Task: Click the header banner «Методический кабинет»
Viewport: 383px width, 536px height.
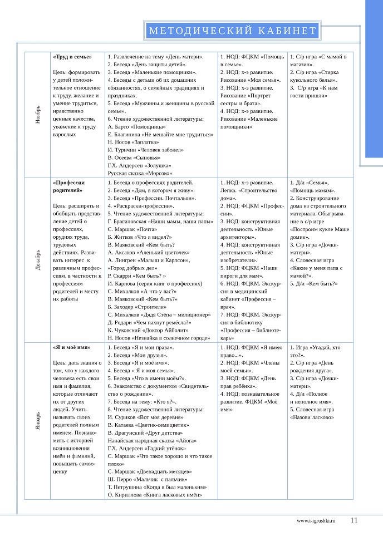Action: tap(233, 31)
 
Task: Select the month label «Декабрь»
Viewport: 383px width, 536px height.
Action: tap(38, 260)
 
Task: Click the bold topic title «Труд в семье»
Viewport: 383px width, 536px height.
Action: tap(72, 57)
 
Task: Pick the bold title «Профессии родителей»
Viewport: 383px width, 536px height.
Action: tap(68, 186)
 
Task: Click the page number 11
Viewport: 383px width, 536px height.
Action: tap(354, 520)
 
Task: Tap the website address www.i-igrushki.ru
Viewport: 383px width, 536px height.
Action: tap(317, 521)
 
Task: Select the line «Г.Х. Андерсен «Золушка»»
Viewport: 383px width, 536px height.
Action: tap(139, 165)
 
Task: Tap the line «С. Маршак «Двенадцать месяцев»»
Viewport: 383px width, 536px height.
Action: tap(146, 471)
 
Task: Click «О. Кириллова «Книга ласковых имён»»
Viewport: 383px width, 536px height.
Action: tap(154, 495)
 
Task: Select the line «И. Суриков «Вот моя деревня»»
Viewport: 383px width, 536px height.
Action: tap(145, 417)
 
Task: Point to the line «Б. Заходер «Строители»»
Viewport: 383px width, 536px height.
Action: tap(134, 307)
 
